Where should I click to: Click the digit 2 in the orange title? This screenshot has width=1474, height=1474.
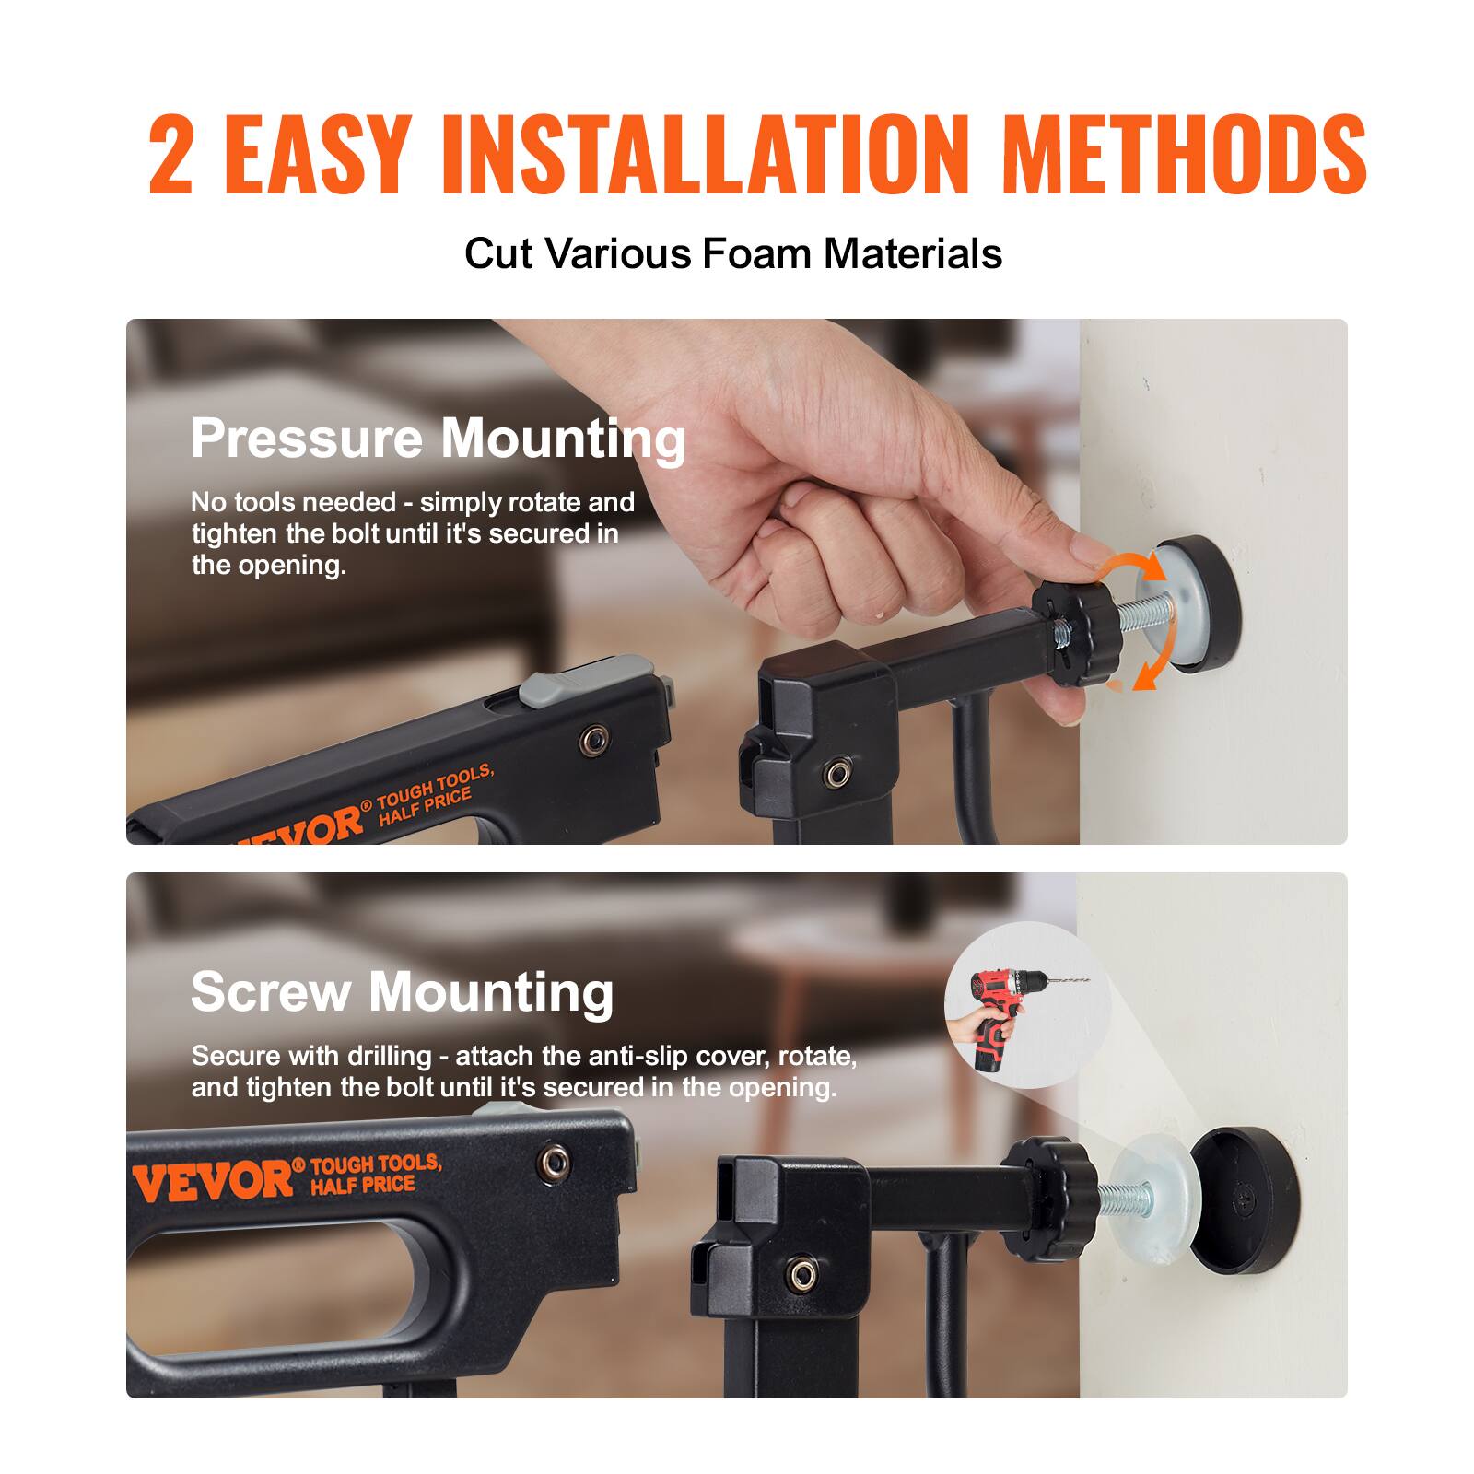pos(171,156)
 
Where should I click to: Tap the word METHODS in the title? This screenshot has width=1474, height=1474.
pos(1188,156)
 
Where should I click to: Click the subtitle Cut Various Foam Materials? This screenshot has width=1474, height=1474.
pos(732,253)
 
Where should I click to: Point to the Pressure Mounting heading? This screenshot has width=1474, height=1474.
pos(438,439)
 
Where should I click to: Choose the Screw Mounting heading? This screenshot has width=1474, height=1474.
pos(402,992)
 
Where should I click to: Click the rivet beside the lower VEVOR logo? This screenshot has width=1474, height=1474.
pos(555,1163)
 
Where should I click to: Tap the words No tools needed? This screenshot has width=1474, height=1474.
pos(293,503)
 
